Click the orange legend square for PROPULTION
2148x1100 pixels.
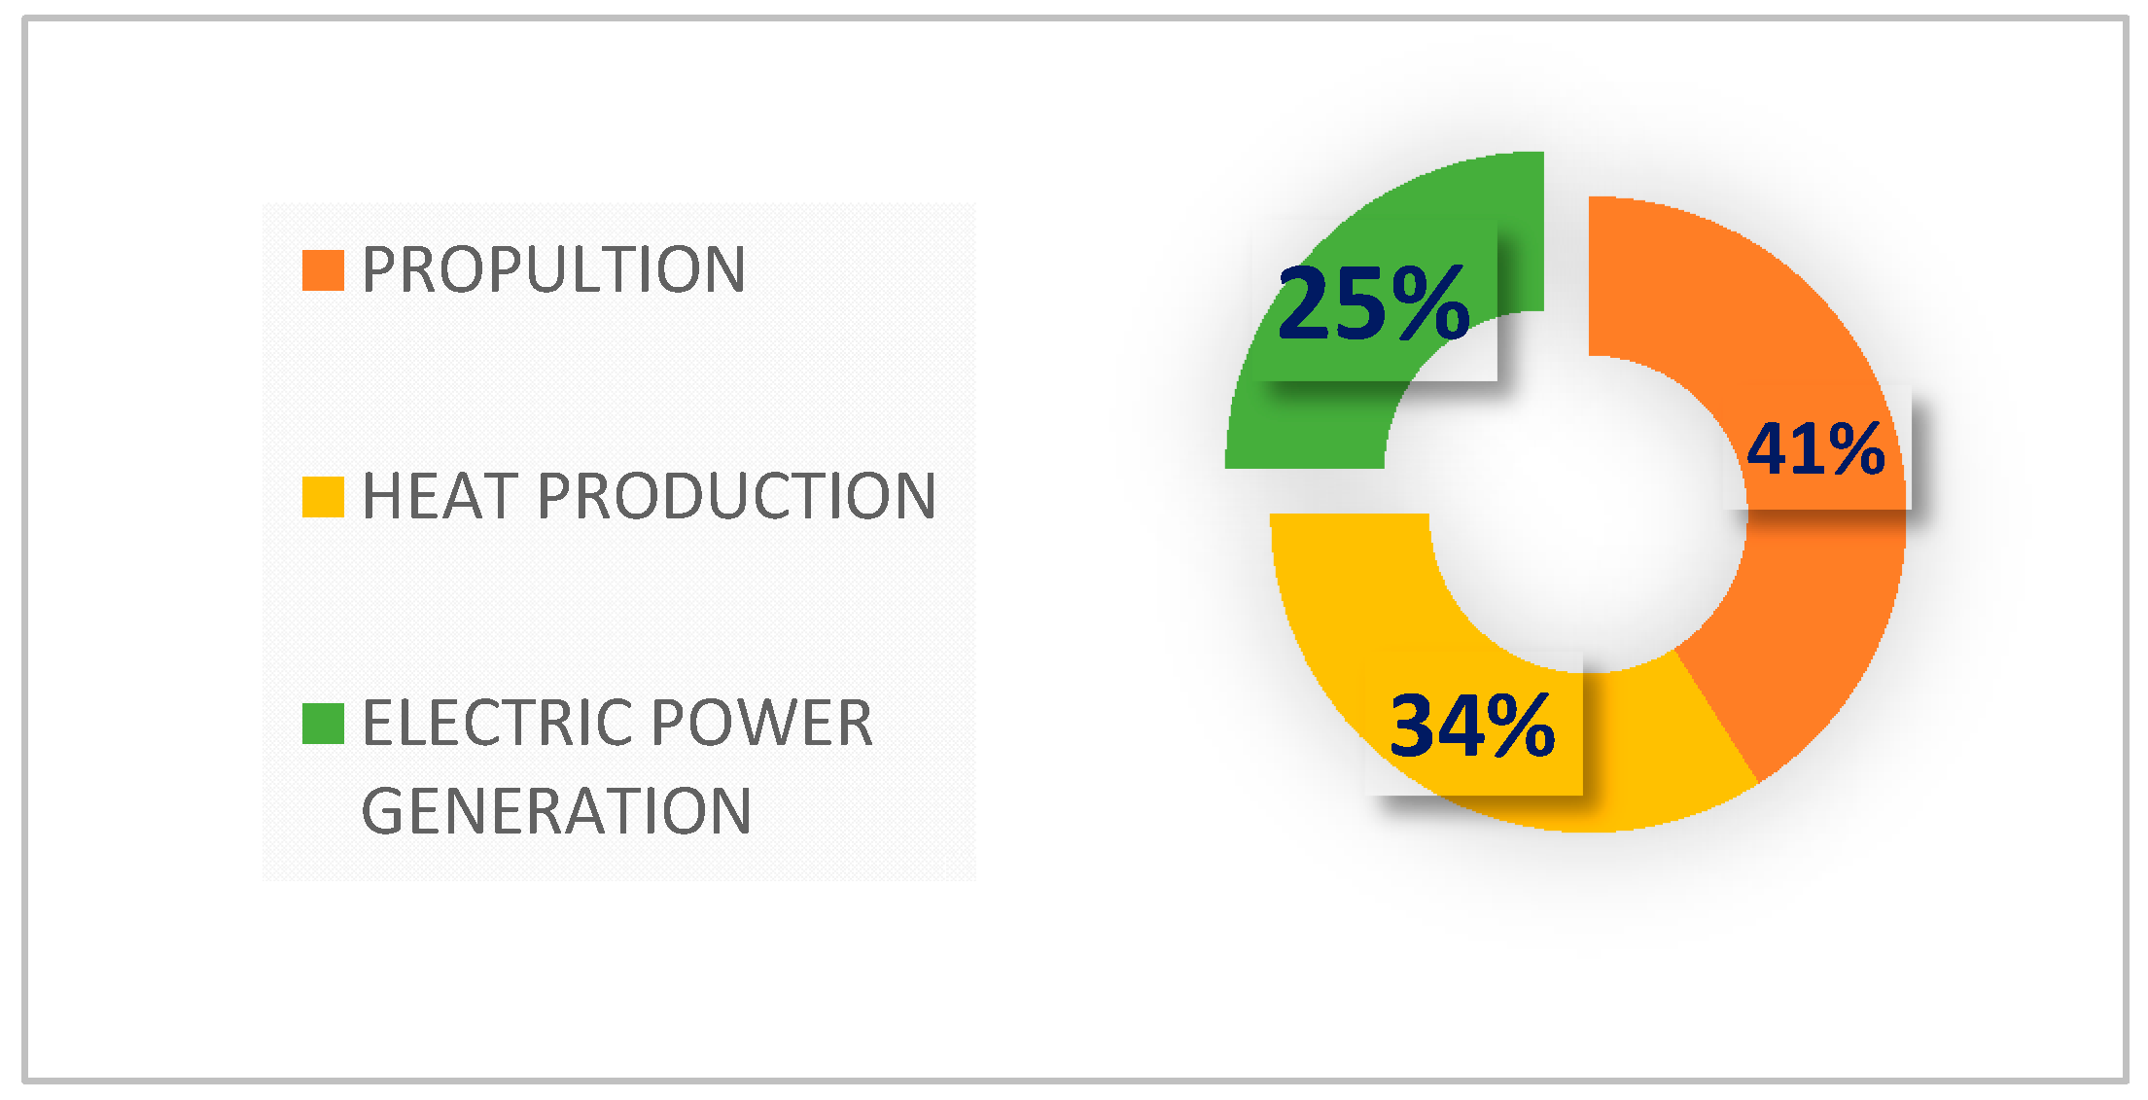click(x=323, y=270)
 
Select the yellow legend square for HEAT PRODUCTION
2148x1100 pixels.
click(x=323, y=497)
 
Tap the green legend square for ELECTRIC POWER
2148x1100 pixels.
click(x=323, y=724)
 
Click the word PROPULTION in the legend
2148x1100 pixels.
click(x=553, y=269)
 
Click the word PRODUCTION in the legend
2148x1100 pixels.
click(x=736, y=496)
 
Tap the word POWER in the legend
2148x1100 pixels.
click(x=761, y=723)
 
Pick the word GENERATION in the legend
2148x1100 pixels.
click(x=556, y=811)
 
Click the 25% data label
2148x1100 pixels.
click(x=1373, y=303)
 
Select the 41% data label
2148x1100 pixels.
click(x=1815, y=448)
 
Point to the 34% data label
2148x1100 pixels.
click(x=1472, y=725)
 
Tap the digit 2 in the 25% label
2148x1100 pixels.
click(x=1308, y=303)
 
